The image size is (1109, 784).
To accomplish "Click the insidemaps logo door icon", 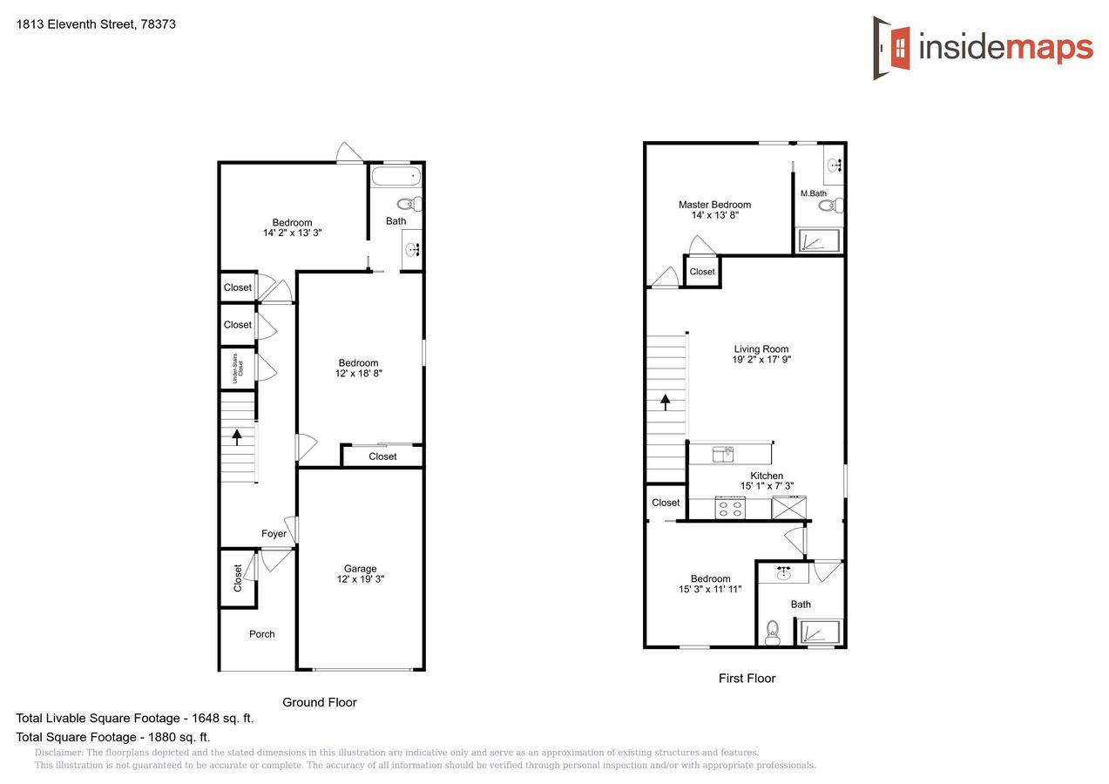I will click(x=891, y=48).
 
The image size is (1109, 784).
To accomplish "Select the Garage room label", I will click(x=360, y=569).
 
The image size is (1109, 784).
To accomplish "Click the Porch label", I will click(x=262, y=634).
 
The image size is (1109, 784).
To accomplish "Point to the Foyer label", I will click(x=274, y=534).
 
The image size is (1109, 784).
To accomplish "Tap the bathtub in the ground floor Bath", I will click(x=396, y=178).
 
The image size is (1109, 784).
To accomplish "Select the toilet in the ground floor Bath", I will click(x=409, y=205).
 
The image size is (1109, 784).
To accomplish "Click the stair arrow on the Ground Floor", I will click(x=236, y=437).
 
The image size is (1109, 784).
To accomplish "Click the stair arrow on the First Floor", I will click(x=666, y=402).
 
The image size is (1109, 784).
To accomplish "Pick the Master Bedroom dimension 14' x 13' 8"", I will click(x=714, y=216).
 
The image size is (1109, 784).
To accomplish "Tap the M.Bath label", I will click(x=813, y=193).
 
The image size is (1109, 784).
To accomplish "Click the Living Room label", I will click(x=761, y=349).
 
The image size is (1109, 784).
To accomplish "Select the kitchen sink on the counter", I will click(x=723, y=454).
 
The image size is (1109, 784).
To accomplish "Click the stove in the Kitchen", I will click(x=729, y=508).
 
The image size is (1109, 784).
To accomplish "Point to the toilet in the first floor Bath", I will click(x=772, y=633).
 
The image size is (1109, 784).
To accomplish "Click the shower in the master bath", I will click(x=819, y=241).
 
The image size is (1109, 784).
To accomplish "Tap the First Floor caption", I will click(x=747, y=679).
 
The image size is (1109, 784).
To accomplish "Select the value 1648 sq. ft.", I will click(x=221, y=719).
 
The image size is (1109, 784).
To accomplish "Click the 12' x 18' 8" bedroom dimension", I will click(x=359, y=374).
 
